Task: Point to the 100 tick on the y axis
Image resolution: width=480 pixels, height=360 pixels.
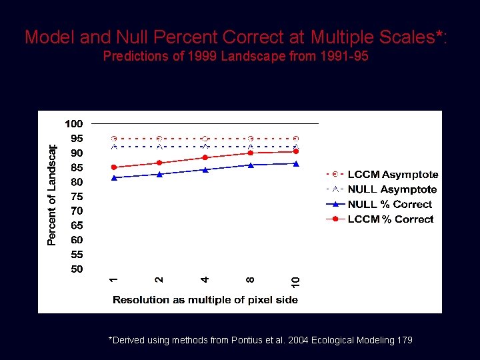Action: pos(73,124)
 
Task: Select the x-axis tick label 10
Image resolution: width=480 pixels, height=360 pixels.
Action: pos(295,282)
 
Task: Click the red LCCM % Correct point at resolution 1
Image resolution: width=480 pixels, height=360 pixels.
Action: pos(114,167)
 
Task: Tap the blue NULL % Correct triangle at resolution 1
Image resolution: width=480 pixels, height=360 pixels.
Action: pos(114,177)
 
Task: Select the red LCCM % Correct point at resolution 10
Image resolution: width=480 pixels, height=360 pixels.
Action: pos(296,151)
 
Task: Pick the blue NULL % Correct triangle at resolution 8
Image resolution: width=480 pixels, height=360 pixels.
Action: pos(251,165)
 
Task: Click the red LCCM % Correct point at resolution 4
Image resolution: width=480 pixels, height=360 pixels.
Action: pos(205,158)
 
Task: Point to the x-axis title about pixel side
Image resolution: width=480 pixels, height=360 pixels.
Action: pos(205,300)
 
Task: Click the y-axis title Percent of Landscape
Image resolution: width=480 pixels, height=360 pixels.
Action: pos(52,194)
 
